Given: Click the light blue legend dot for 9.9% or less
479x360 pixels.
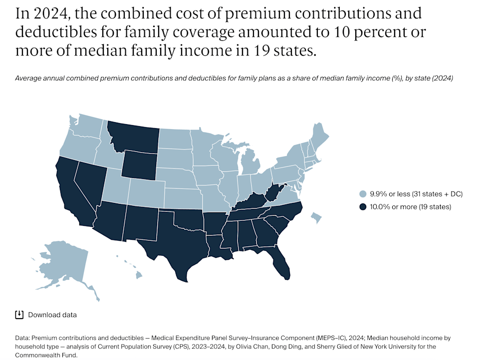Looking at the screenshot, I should coord(362,193).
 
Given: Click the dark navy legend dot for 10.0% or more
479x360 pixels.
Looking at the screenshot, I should coord(362,207).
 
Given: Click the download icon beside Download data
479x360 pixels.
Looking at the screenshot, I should coord(19,315).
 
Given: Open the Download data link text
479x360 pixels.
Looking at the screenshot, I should coord(52,315).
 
